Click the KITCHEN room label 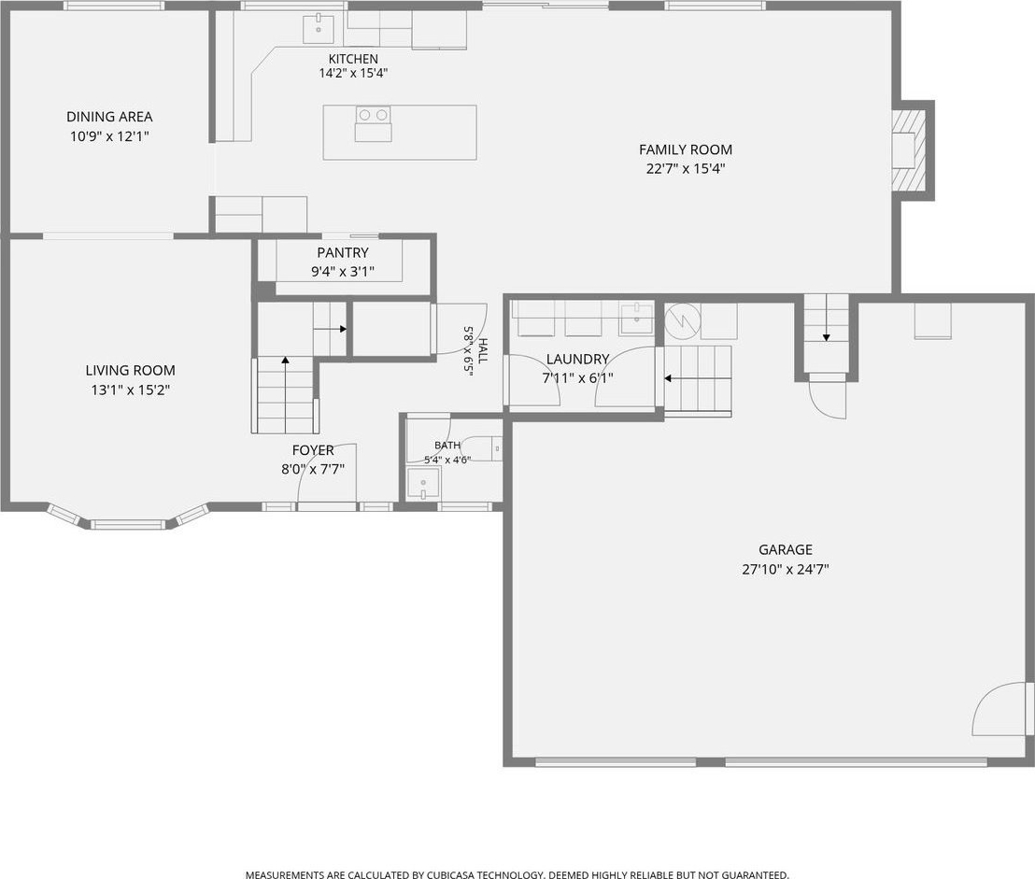point(353,59)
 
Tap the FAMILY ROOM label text point(685,149)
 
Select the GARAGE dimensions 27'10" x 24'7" point(786,570)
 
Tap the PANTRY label point(343,253)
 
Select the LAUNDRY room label point(577,360)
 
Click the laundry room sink point(635,319)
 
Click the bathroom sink point(423,484)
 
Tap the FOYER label point(313,450)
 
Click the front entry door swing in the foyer point(328,472)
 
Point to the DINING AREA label point(109,118)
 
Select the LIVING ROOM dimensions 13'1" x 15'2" point(131,390)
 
